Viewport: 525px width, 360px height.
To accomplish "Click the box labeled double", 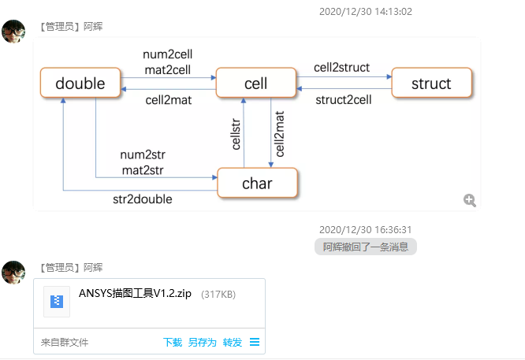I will (80, 84).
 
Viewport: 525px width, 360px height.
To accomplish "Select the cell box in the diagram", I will (255, 84).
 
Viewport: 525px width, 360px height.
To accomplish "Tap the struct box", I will (431, 84).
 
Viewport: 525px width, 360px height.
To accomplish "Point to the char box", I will (257, 184).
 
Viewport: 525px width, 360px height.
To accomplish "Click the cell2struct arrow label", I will (341, 68).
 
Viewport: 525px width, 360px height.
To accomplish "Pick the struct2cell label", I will (343, 99).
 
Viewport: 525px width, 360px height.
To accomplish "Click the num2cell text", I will (167, 54).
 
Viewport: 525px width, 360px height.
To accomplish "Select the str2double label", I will (143, 199).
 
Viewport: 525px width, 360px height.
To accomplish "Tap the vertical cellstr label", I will (235, 133).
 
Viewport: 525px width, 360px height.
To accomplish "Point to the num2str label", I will (143, 154).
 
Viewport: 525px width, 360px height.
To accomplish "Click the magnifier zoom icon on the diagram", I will (470, 200).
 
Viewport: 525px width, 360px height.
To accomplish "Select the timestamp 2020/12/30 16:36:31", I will (365, 229).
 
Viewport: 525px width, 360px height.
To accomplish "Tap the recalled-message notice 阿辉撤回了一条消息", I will (365, 247).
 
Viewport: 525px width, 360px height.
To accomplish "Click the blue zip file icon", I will (57, 300).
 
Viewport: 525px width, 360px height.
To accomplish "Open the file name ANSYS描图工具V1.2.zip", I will (135, 294).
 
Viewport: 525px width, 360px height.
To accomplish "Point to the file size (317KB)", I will (218, 295).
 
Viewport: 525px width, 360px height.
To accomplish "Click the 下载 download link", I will (173, 342).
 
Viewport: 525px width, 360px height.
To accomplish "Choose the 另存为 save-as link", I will (202, 342).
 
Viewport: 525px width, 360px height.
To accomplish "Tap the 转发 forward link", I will (232, 342).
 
